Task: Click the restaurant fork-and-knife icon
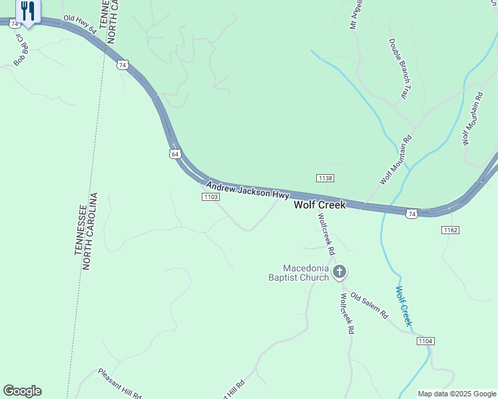pos(27,11)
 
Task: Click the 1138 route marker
pos(325,178)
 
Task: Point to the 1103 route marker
pos(211,197)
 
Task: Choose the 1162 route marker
pos(450,229)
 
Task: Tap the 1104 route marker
pos(426,341)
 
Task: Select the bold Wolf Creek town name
pos(320,205)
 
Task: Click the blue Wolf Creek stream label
pos(404,307)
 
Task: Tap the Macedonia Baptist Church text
pos(298,272)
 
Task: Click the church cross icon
pos(340,271)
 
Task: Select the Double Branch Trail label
pos(397,68)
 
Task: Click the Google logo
pos(22,391)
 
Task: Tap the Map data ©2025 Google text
pos(457,394)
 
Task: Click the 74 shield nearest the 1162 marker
pos(412,213)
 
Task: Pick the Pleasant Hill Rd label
pos(120,384)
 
